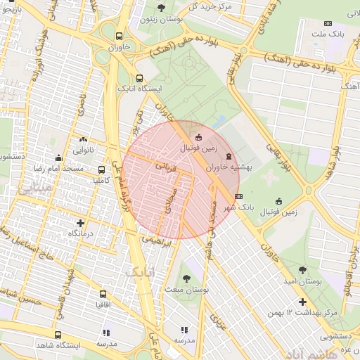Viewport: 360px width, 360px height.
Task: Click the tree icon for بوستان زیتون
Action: point(162,8)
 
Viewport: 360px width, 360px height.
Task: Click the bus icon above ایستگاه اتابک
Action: point(139,79)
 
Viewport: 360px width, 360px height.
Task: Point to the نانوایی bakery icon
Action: point(84,139)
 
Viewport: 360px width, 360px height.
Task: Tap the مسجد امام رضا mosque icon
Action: point(58,158)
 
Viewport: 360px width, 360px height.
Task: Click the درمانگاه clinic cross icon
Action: point(80,222)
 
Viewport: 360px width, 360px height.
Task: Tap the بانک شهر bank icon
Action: point(239,196)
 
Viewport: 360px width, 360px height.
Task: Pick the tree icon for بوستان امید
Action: point(303,270)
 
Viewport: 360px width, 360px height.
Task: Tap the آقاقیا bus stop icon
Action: point(103,294)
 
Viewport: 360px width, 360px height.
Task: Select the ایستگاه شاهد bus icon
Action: point(58,335)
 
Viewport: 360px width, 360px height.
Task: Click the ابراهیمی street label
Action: point(157,241)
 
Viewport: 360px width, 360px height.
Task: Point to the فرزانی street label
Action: point(166,166)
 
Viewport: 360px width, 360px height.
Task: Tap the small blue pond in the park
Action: point(220,120)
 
